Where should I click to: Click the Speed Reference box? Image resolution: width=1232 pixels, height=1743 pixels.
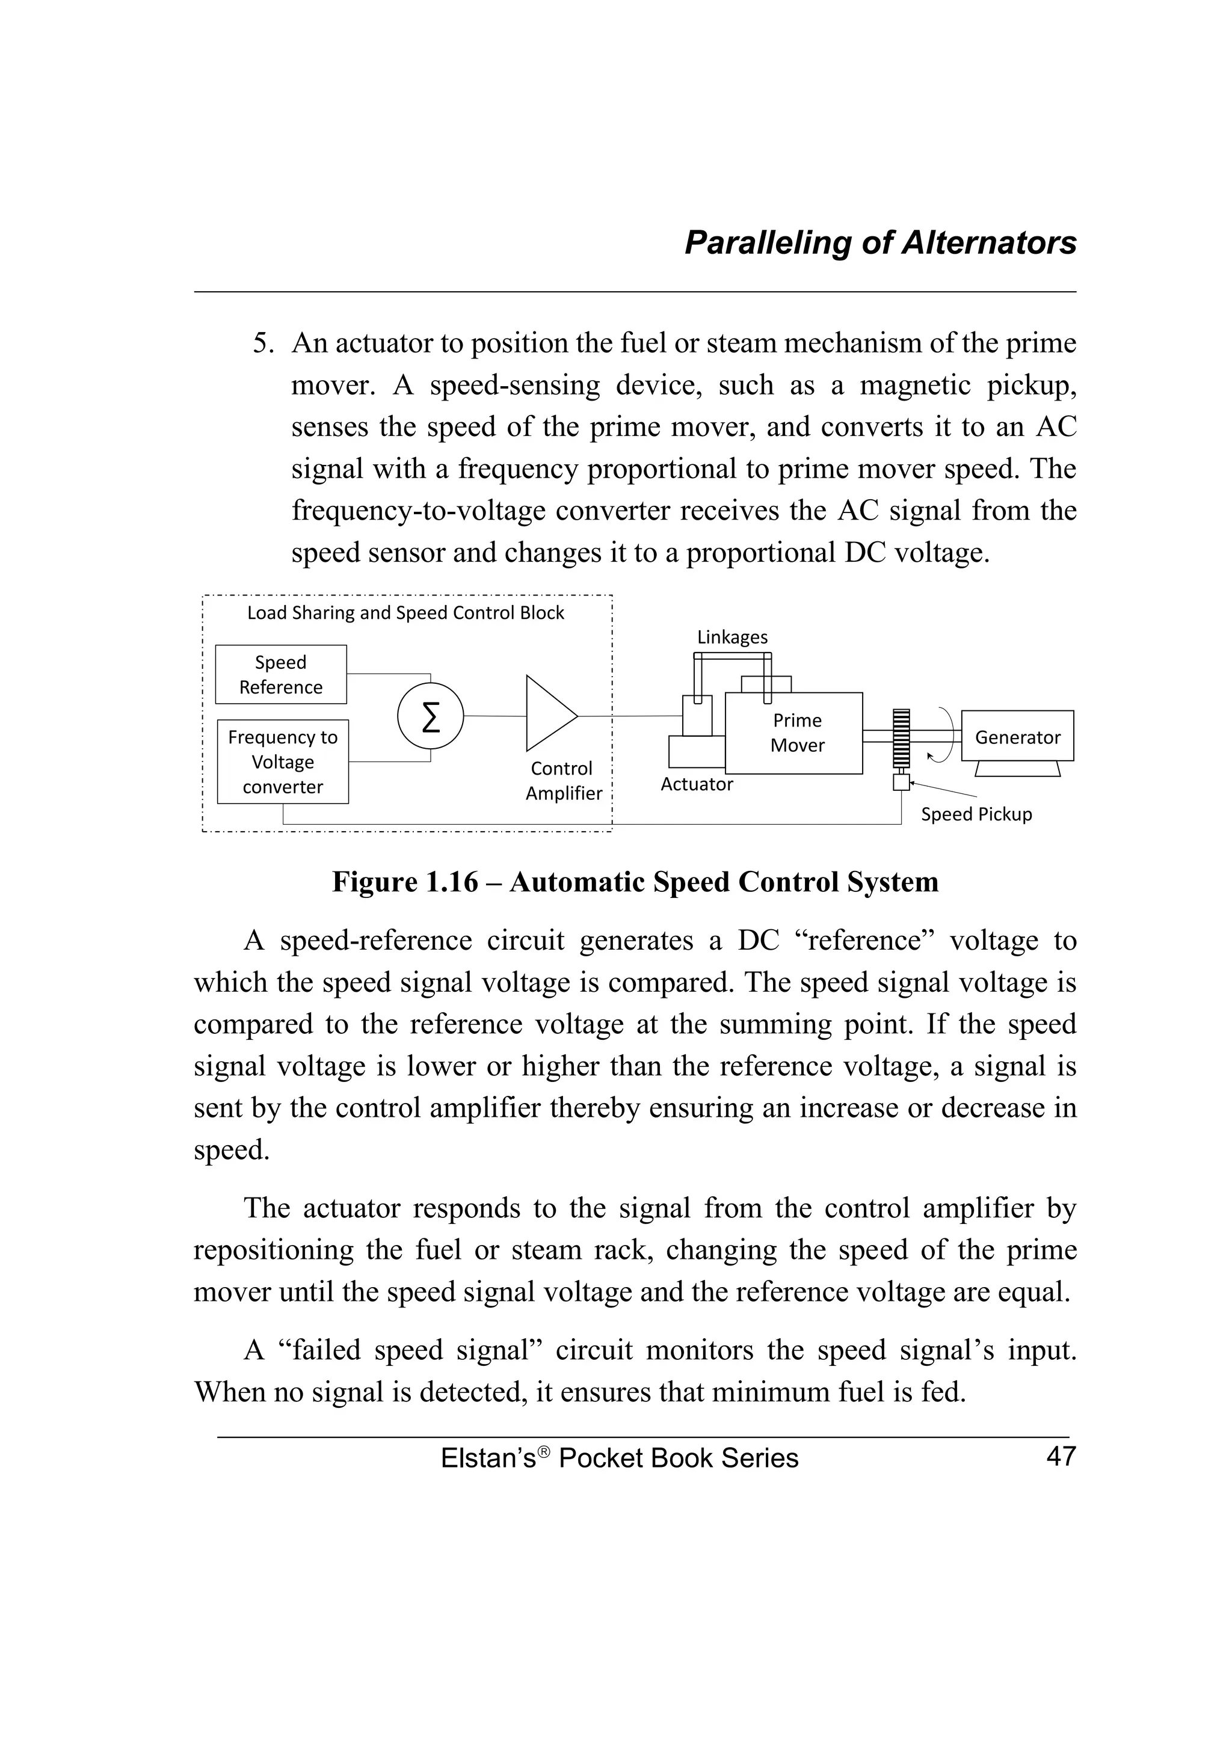(x=281, y=674)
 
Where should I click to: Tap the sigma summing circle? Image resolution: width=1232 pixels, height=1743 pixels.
(x=430, y=716)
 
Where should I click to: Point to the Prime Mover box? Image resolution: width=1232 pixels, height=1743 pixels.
(x=794, y=733)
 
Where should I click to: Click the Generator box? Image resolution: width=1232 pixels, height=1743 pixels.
(x=1017, y=736)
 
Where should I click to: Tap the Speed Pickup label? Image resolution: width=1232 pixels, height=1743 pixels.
(x=976, y=814)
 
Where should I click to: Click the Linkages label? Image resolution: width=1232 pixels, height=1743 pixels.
(x=733, y=637)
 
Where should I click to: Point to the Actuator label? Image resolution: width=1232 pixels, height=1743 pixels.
(x=696, y=784)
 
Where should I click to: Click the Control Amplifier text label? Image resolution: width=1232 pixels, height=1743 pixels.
(x=563, y=781)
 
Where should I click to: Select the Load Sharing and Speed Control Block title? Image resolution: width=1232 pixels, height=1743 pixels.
(x=405, y=613)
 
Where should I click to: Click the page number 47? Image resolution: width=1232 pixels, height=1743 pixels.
(x=1061, y=1456)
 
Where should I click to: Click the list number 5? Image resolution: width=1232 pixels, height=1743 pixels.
(x=263, y=344)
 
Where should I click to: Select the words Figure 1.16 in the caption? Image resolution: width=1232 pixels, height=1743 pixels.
(x=405, y=882)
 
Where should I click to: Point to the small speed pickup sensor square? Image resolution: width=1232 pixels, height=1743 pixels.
(x=901, y=782)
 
